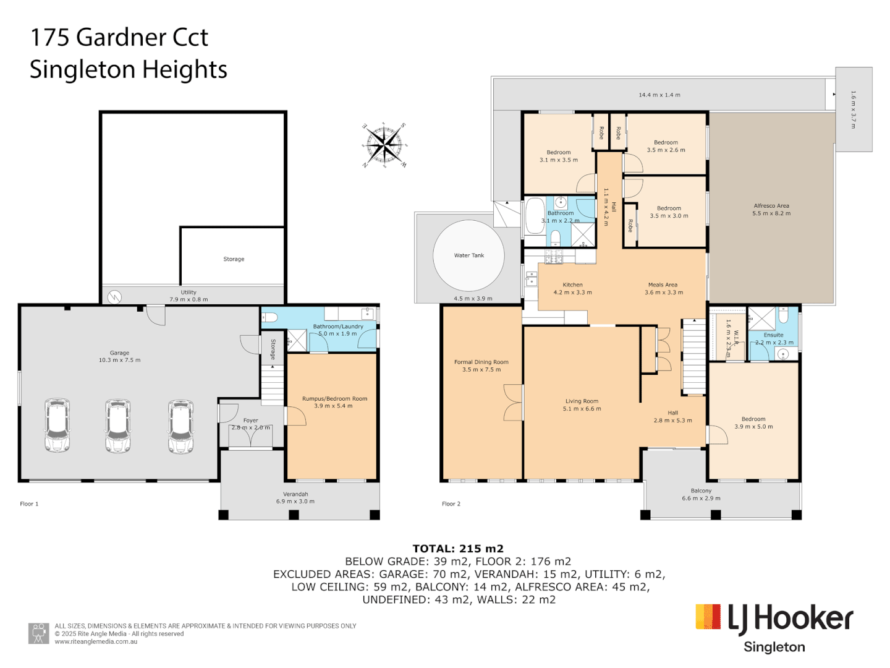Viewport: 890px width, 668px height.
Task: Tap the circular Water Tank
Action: (468, 255)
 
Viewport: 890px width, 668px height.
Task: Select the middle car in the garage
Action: (117, 426)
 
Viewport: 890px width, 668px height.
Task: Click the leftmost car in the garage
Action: (57, 426)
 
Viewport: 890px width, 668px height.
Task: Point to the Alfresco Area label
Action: (771, 206)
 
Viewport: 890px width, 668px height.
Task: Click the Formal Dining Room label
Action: (481, 362)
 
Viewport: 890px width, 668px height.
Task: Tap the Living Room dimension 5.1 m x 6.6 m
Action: (582, 409)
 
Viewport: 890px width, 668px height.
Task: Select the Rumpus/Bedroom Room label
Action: (334, 399)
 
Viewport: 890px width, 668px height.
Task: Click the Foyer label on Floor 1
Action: (250, 421)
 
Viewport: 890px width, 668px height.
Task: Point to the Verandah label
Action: (295, 494)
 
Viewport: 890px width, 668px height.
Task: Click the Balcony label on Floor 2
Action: (701, 490)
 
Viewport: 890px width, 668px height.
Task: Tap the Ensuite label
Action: (773, 335)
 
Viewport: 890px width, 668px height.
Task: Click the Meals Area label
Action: (663, 285)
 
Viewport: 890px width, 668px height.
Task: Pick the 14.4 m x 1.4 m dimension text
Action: (659, 95)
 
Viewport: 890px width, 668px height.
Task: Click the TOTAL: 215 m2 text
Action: (458, 549)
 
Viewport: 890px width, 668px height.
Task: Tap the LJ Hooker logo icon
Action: (708, 617)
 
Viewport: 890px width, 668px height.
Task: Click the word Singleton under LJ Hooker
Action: (774, 648)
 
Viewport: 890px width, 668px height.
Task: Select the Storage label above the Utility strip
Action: (234, 259)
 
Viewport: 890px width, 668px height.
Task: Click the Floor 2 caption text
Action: (451, 504)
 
